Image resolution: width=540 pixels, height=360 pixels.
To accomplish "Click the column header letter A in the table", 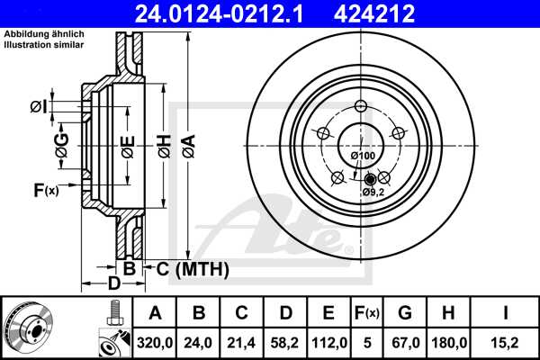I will pyautogui.click(x=155, y=312).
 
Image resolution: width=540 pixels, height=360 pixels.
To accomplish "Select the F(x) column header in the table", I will pyautogui.click(x=366, y=312).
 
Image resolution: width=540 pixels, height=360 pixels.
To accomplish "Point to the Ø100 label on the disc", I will pyautogui.click(x=363, y=157).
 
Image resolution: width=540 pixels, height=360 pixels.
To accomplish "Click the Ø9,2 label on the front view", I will pyautogui.click(x=373, y=192).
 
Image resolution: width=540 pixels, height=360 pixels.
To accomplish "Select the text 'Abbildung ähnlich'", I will pyautogui.click(x=45, y=34).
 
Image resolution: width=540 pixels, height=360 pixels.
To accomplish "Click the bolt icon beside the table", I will pyautogui.click(x=113, y=315).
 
